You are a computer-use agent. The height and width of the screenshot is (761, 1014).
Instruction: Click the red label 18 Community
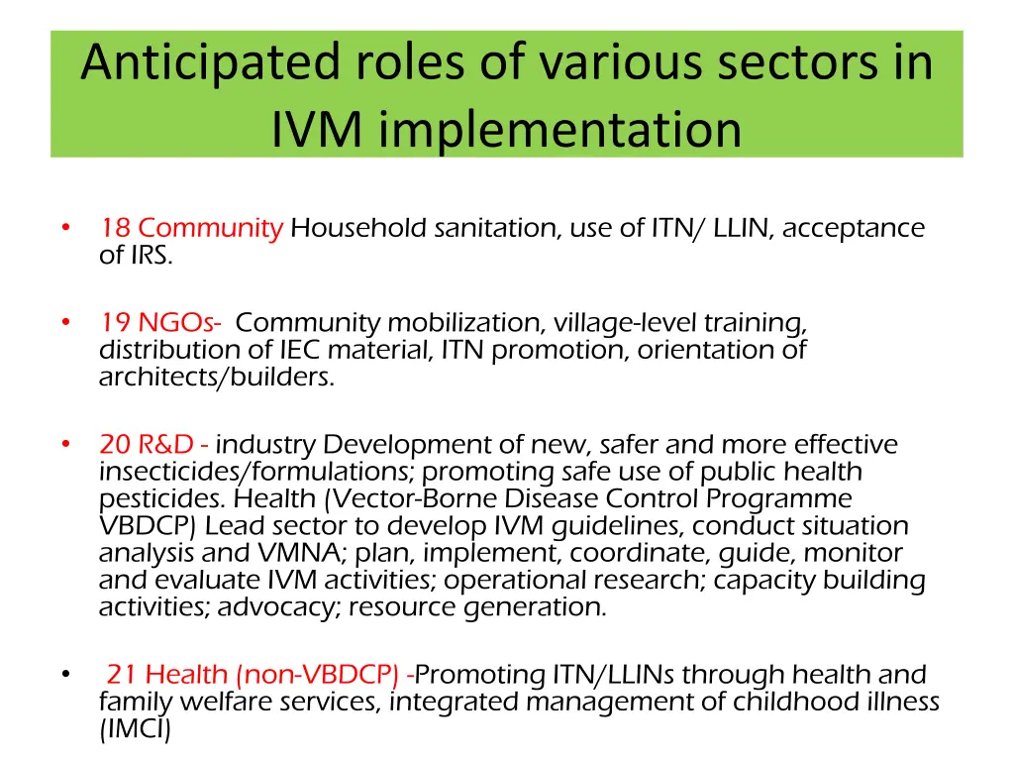[x=191, y=228]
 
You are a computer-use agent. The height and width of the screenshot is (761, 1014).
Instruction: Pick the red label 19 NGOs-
[x=160, y=323]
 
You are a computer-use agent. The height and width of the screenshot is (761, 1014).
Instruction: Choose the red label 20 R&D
[x=152, y=444]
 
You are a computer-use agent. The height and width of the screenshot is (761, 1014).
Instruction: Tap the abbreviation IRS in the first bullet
[x=150, y=256]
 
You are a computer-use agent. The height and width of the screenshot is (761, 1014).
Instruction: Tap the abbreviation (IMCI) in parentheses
[x=135, y=730]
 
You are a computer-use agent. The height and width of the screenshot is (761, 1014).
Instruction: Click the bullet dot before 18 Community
[x=64, y=228]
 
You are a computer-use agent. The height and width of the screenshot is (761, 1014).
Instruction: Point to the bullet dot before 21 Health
[x=64, y=675]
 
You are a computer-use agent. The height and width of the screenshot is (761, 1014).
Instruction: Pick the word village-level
[x=625, y=323]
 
